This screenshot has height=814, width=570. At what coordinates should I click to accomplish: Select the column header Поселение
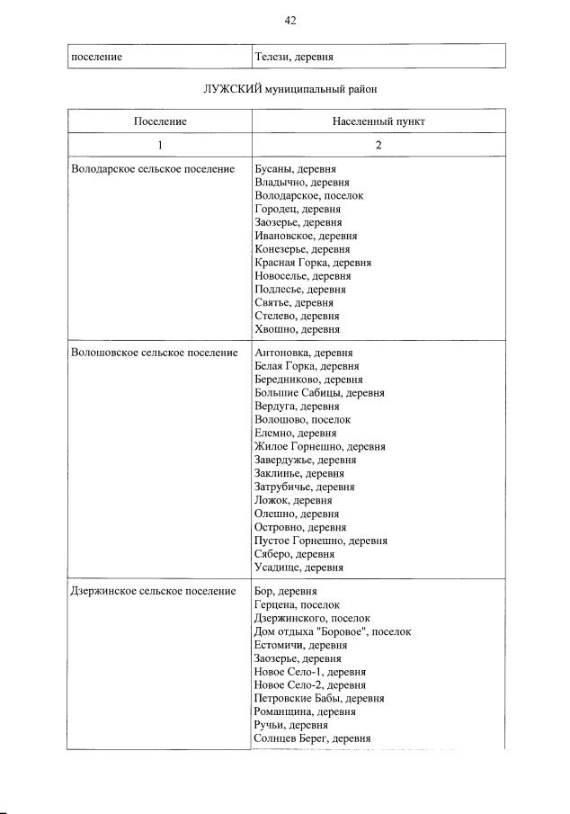[160, 121]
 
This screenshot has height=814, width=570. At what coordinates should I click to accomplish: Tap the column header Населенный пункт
[379, 121]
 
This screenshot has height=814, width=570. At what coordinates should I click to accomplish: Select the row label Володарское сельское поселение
[152, 168]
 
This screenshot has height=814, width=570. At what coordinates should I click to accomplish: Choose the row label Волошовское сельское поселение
[154, 353]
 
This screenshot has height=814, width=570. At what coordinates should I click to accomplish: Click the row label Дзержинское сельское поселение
[153, 591]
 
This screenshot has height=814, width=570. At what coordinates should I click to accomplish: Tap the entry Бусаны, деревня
[296, 168]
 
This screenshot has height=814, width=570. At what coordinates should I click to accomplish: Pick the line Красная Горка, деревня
[313, 263]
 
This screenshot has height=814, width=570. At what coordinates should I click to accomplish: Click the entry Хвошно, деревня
[297, 330]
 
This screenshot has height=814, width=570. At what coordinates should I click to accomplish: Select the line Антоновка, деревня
[303, 353]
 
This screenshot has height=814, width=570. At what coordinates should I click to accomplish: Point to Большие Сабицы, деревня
[319, 393]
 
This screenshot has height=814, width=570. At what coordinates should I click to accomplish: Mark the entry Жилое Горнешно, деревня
[320, 446]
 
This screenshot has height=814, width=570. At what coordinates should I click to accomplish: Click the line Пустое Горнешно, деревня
[321, 541]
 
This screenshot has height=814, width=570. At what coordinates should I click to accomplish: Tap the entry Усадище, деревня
[298, 568]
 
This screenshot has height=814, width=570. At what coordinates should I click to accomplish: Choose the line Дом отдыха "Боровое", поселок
[333, 631]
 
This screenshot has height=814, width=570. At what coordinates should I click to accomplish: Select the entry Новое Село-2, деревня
[310, 684]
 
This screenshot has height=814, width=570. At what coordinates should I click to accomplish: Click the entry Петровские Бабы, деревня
[319, 698]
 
